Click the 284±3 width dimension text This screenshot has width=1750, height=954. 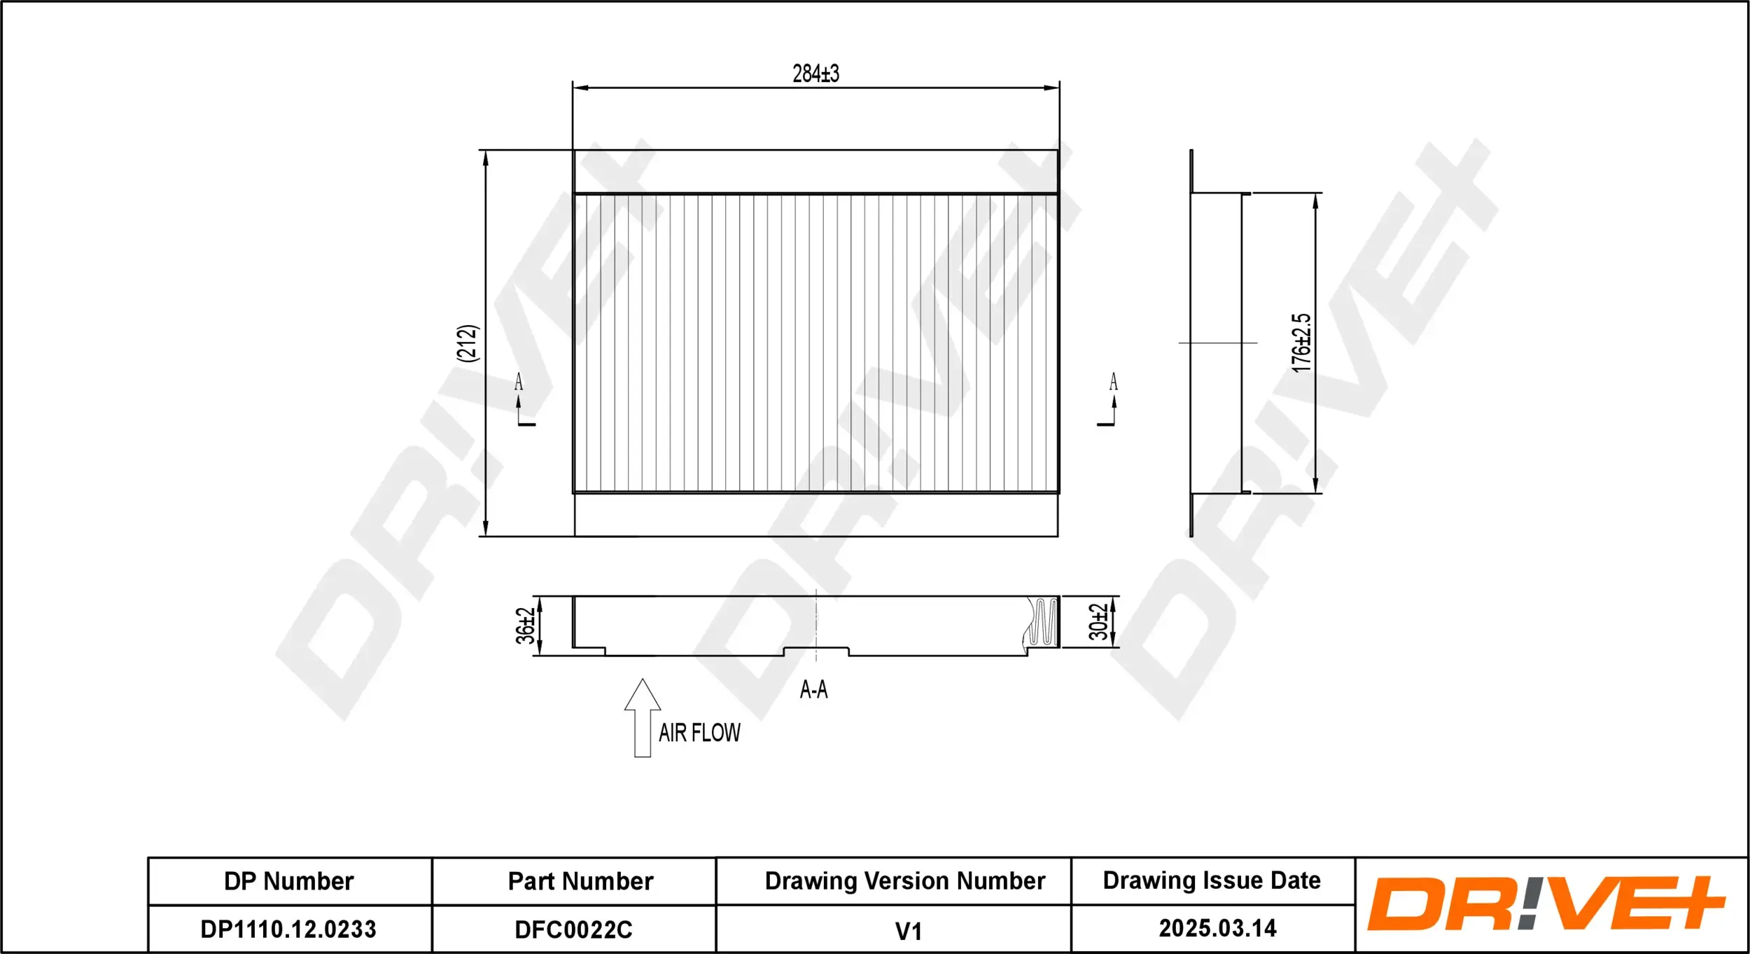815,74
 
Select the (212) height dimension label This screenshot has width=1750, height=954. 467,343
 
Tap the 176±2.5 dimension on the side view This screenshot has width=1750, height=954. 1301,343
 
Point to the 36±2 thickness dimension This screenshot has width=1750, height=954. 525,625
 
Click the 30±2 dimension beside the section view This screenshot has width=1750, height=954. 1098,622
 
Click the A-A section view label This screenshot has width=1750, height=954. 813,690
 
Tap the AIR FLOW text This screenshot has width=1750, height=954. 699,733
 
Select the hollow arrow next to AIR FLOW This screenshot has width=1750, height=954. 642,718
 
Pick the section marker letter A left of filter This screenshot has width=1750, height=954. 519,382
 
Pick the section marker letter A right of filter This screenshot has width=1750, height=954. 1113,382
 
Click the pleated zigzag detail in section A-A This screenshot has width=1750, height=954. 1043,622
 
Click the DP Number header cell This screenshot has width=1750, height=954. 289,881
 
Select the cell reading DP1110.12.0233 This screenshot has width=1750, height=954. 288,929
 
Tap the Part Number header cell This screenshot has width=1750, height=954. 580,881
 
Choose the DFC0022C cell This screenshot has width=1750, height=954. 573,929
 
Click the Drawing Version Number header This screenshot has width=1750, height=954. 904,881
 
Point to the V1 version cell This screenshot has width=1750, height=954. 908,932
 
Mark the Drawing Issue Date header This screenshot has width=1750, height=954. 1212,880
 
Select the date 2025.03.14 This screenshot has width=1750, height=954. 1217,928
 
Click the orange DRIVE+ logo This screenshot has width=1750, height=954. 1546,904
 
